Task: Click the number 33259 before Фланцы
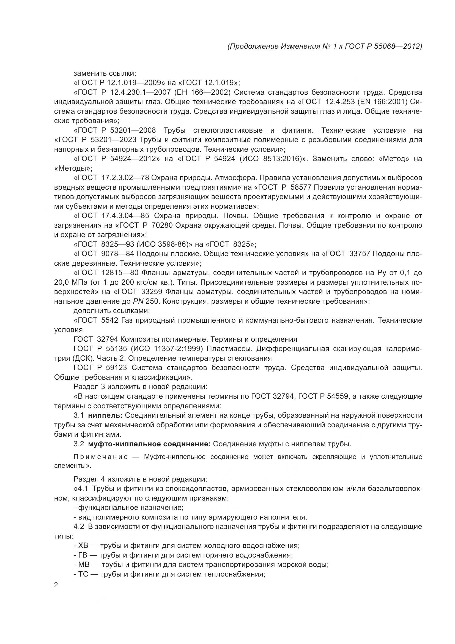pos(152,292)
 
